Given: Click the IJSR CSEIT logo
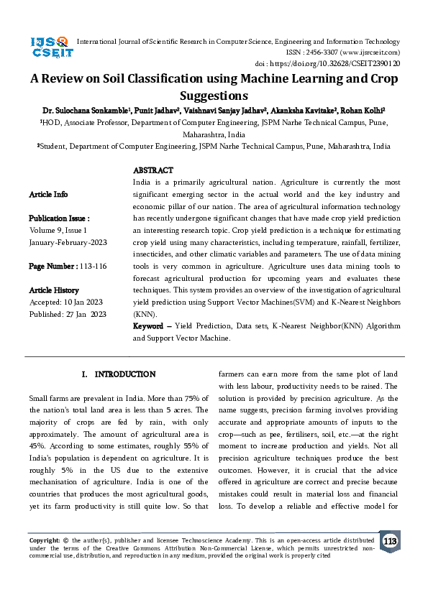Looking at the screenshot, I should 50,47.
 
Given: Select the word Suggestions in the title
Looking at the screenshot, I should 214,95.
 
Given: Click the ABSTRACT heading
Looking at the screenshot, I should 152,170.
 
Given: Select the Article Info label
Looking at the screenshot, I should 48,194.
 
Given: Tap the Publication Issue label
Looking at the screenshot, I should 59,218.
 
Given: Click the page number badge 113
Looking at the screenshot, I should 390,541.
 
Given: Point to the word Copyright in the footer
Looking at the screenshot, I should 44,539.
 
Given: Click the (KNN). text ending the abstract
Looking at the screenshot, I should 144,314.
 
